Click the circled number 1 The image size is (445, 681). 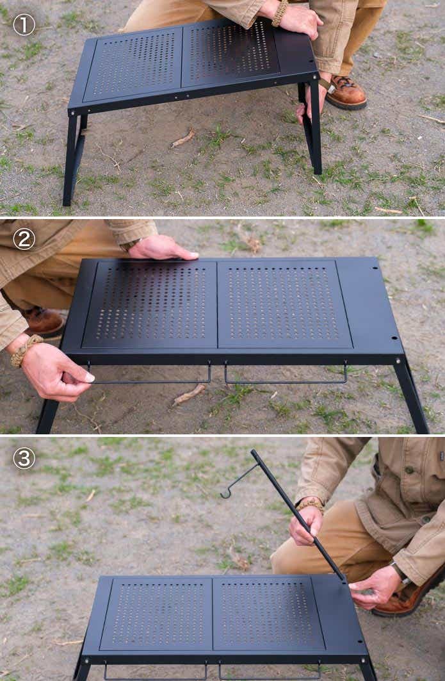pos(24,25)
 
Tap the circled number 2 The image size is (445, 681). pos(24,239)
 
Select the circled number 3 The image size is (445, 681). pos(24,458)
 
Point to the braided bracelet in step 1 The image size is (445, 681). pos(279,12)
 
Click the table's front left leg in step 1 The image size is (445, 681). pos(71,158)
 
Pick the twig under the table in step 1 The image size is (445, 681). pos(182,138)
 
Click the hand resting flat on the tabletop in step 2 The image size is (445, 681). pos(162,249)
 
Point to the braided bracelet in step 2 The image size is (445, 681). pos(24,350)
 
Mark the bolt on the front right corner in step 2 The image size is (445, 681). pos(398,360)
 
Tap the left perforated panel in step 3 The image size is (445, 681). pos(157,613)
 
